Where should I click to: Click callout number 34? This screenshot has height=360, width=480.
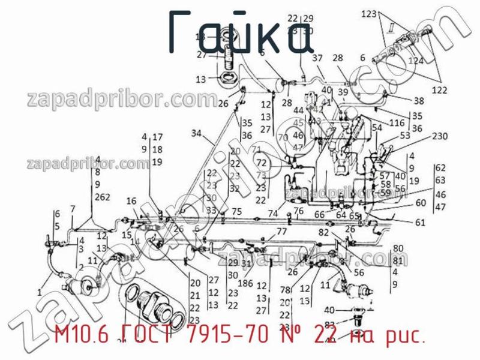tap(197, 133)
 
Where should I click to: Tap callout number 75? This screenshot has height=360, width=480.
tap(236, 211)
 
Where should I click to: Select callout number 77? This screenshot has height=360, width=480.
tap(281, 232)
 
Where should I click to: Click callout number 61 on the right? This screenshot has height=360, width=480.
tap(420, 223)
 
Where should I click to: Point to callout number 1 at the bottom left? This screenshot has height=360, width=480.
tap(39, 292)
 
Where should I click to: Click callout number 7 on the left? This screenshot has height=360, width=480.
tap(73, 209)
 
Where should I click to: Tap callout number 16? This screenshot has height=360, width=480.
tap(131, 201)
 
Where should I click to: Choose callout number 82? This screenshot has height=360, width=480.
tap(323, 232)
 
